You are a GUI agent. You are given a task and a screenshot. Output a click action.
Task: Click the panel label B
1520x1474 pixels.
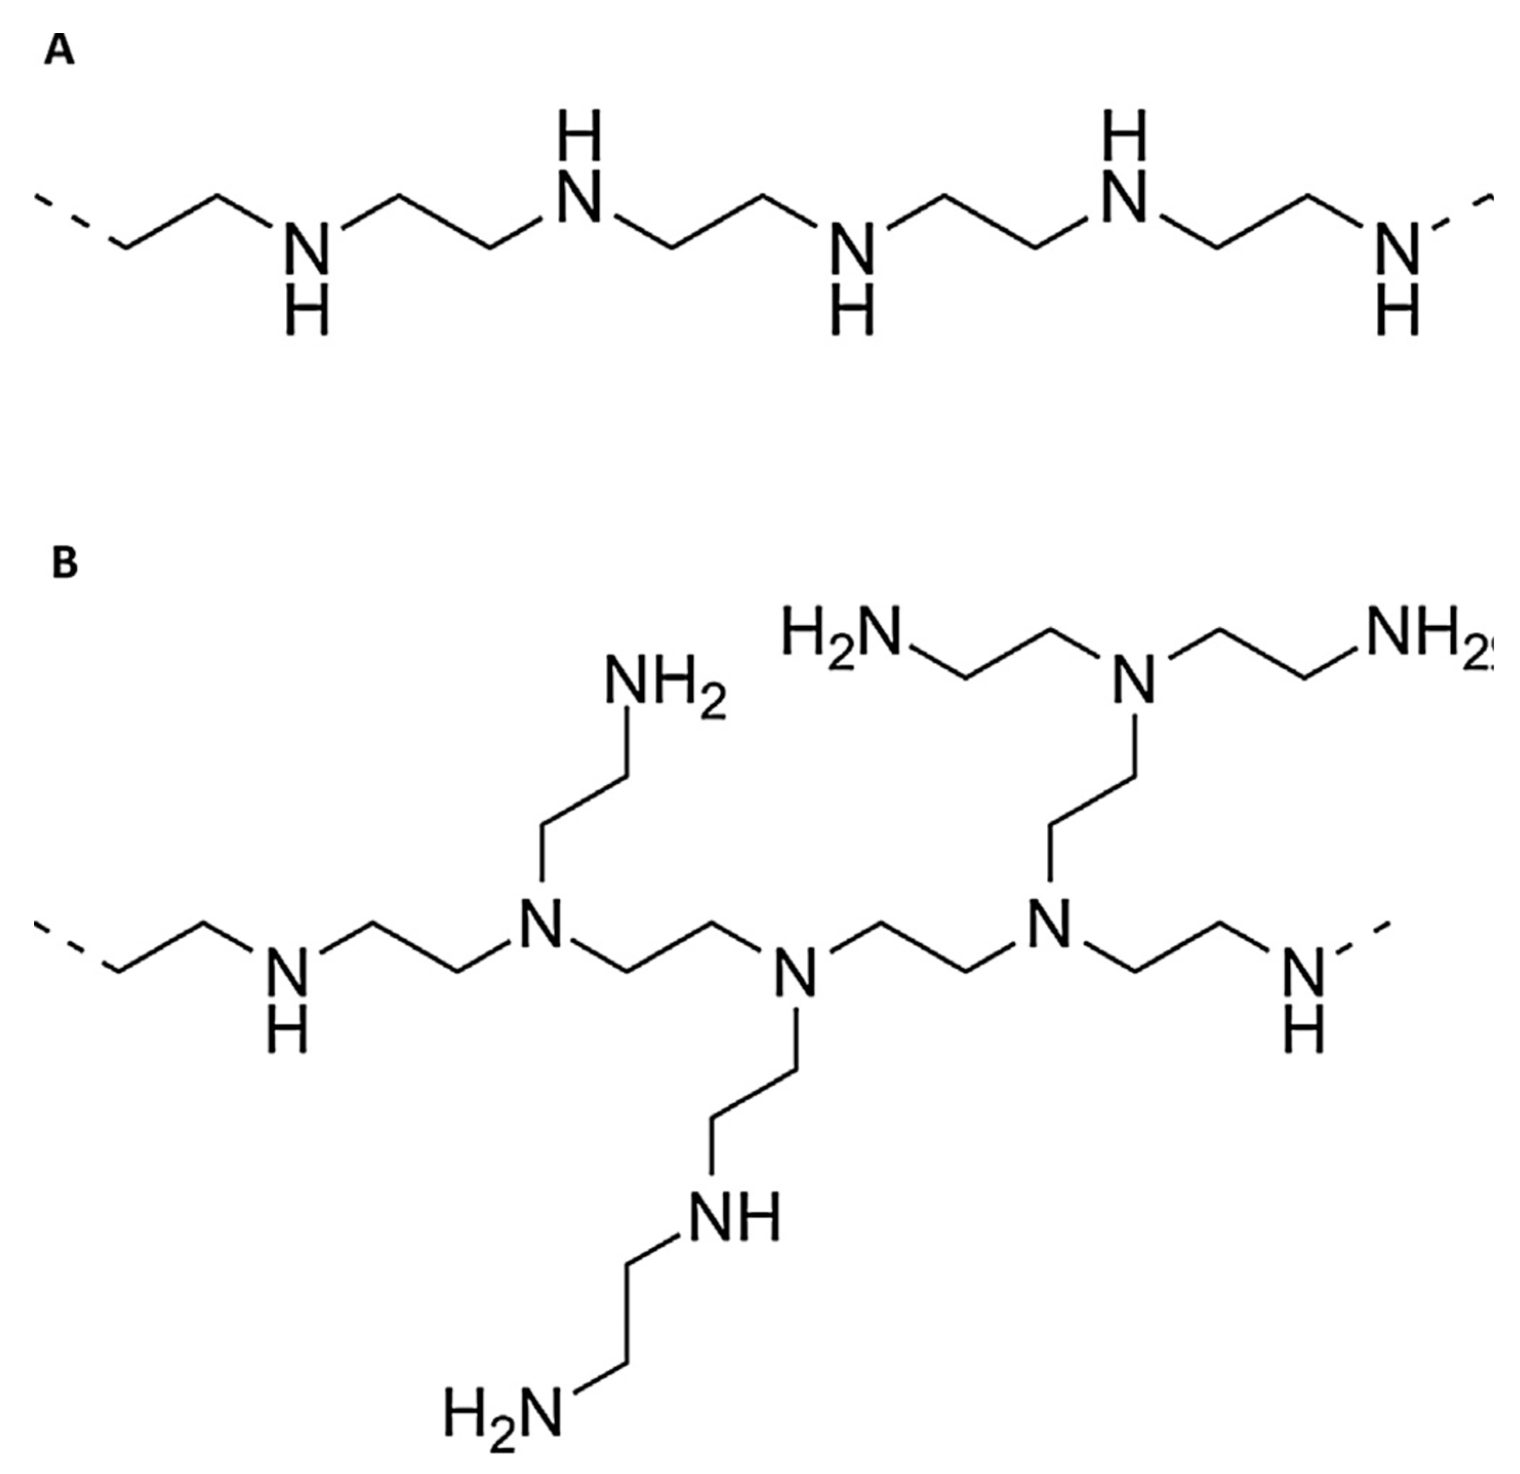point(65,564)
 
